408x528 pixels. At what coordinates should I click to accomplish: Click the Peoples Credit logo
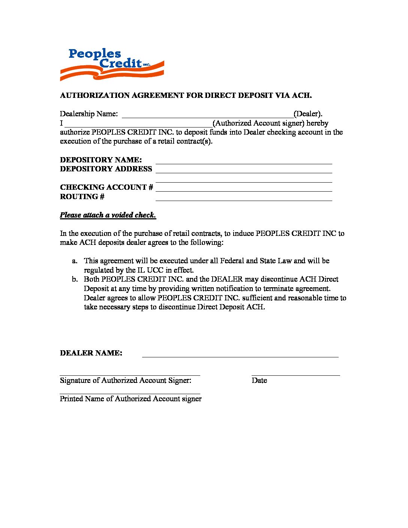click(112, 64)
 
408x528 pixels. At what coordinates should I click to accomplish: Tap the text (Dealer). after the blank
click(308, 114)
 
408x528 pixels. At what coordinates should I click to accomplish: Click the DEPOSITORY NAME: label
click(101, 160)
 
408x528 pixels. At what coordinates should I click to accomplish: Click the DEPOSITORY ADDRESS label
click(106, 169)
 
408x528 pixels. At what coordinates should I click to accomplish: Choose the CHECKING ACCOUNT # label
click(106, 187)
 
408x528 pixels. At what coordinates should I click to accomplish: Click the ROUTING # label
click(82, 196)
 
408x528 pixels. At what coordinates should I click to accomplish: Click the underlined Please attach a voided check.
click(108, 215)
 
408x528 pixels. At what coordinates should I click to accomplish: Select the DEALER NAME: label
click(91, 353)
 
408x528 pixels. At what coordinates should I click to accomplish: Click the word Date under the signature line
click(259, 380)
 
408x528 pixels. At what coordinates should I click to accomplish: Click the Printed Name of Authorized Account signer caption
click(130, 399)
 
